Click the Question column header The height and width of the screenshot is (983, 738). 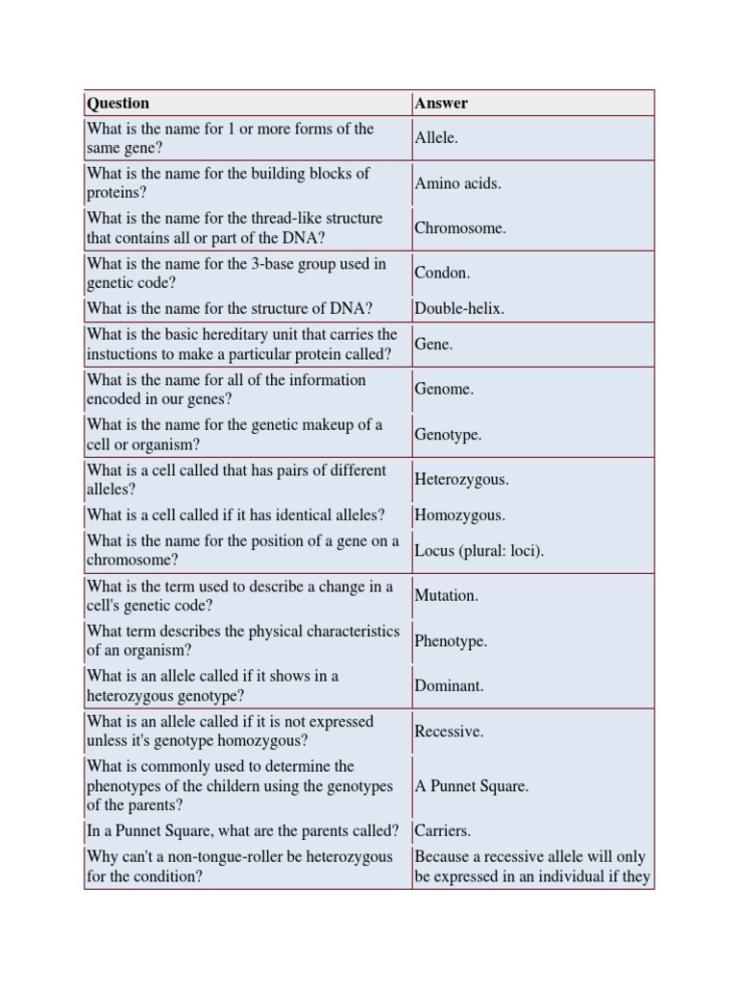point(118,103)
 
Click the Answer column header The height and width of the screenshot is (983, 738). point(441,103)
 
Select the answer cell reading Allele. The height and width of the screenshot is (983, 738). point(436,138)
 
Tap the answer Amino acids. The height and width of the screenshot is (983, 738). point(457,183)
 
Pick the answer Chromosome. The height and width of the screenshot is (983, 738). point(460,228)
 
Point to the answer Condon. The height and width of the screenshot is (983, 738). point(442,273)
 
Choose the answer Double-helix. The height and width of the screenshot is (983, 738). point(459,309)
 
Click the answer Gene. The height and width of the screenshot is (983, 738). point(433,345)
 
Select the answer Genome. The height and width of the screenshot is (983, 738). point(444,390)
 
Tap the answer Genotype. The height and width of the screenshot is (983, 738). point(448,435)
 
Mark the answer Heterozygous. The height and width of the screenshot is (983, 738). point(461,479)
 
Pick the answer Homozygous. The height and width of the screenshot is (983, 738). point(459,515)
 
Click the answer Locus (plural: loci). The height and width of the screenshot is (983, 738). point(479,551)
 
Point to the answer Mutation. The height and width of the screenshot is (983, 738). point(446,596)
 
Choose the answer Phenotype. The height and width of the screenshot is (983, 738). point(451,641)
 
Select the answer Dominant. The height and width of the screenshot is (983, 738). point(449,686)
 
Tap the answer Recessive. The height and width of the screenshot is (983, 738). point(449,731)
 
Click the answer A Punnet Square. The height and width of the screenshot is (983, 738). point(472,786)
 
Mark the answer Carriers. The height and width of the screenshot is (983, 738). point(442,831)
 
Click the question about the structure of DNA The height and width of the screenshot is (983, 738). point(230,309)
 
